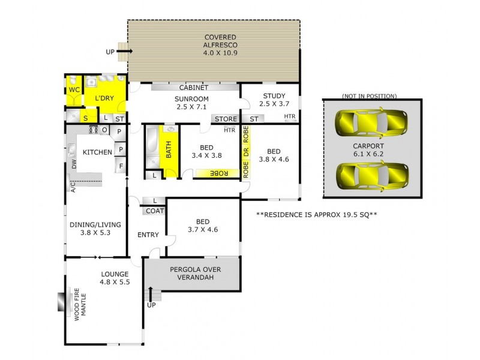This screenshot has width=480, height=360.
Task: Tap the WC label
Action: coord(74,89)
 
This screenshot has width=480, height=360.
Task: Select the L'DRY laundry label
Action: coord(104,98)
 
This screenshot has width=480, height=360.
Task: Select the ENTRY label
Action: coord(147,235)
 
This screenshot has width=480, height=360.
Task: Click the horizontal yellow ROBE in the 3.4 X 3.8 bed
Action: coord(217,173)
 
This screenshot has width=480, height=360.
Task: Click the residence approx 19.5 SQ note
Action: coord(316,214)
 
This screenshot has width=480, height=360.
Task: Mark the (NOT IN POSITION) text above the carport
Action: coord(369,96)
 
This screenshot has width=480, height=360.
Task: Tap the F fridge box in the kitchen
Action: coord(121,166)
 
